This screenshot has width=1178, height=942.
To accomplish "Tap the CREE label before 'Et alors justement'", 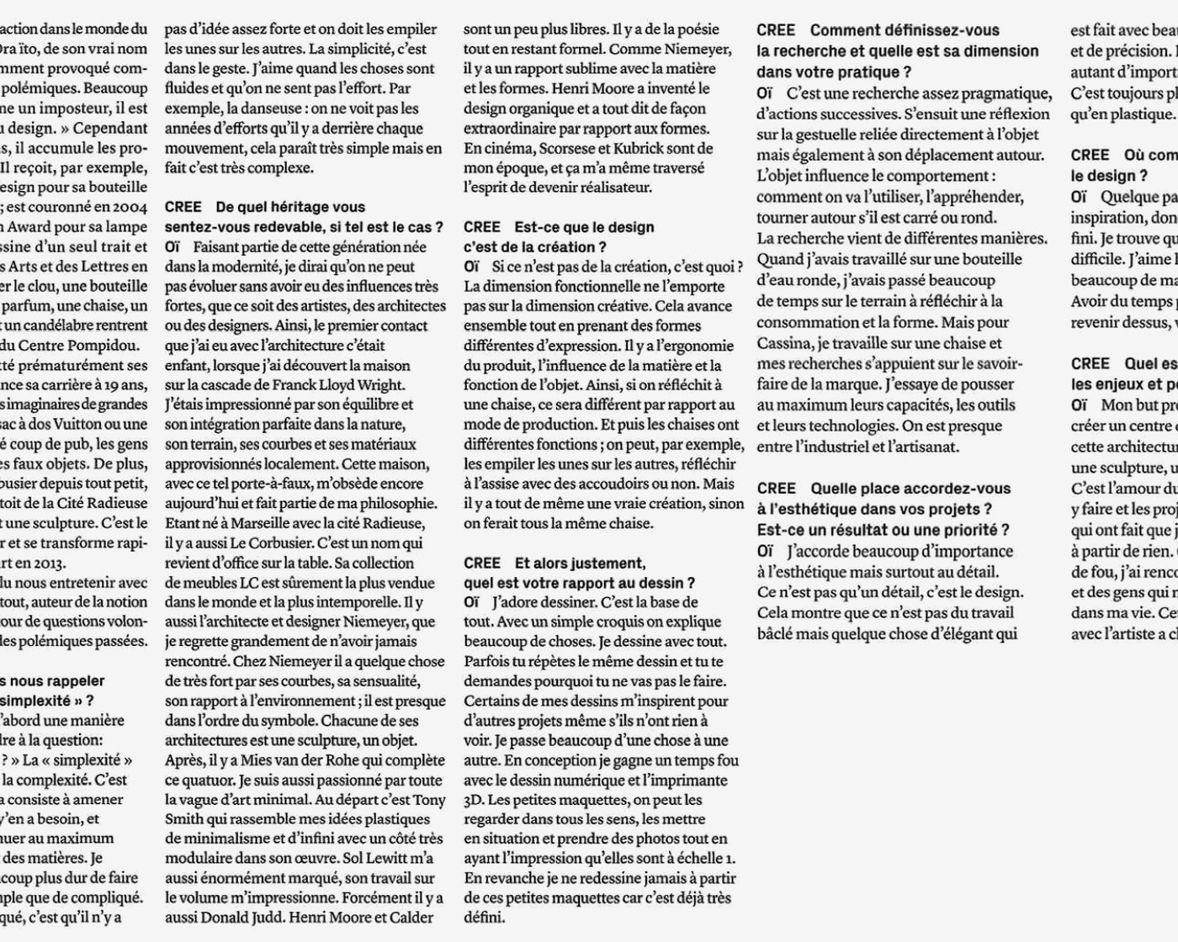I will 482,564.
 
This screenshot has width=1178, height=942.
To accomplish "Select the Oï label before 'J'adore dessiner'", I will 472,602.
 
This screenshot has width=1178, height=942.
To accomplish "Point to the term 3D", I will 473,800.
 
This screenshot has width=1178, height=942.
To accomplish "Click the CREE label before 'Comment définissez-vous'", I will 776,31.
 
